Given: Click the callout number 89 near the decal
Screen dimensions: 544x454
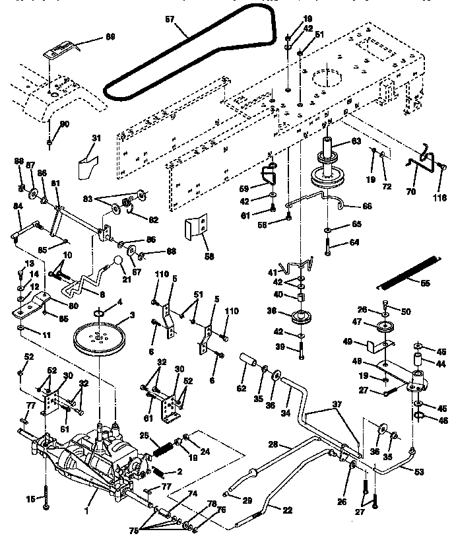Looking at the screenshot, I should [x=110, y=37].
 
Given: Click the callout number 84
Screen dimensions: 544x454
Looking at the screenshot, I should [x=18, y=207].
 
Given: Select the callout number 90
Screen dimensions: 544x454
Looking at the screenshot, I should [x=65, y=123].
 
